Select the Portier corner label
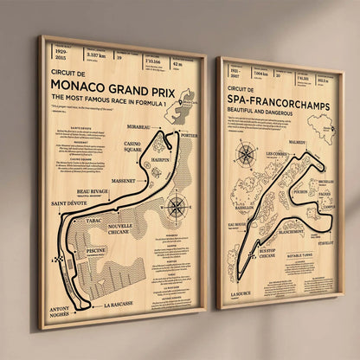[x=190, y=135]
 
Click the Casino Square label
[x=131, y=147]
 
